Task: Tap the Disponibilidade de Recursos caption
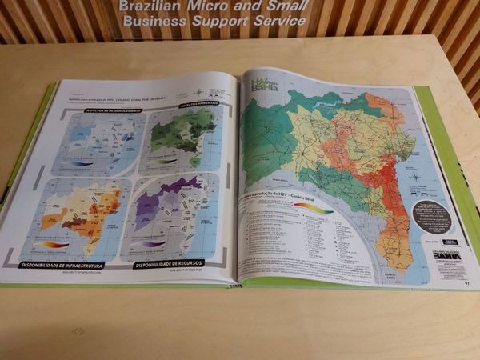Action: click(x=169, y=263)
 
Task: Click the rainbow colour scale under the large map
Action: click(x=313, y=207)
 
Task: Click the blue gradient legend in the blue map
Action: click(x=82, y=163)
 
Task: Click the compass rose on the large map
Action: click(x=414, y=176)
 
